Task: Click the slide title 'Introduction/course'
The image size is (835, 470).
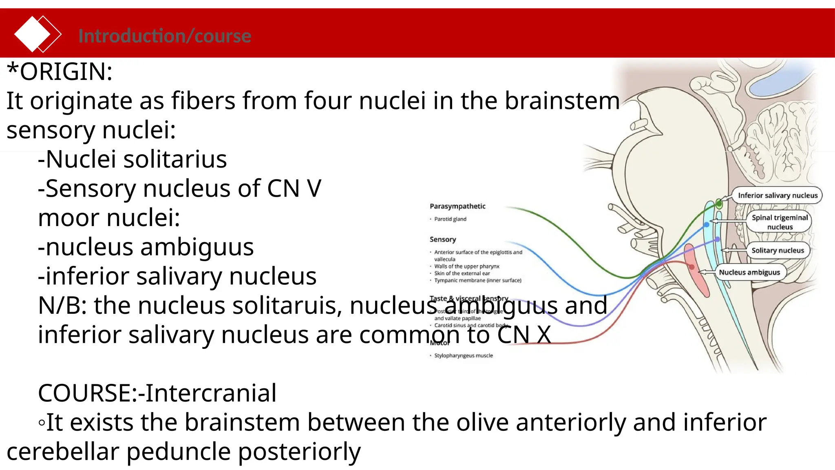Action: pyautogui.click(x=164, y=36)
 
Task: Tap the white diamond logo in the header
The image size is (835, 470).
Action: pyautogui.click(x=33, y=34)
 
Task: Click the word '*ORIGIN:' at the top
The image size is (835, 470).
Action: pyautogui.click(x=60, y=72)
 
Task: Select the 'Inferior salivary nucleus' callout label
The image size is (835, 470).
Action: pyautogui.click(x=777, y=195)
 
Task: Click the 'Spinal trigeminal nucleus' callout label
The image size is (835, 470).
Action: pyautogui.click(x=780, y=222)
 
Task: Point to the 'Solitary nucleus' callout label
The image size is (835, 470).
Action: pyautogui.click(x=778, y=251)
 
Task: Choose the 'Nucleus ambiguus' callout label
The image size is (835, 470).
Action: pyautogui.click(x=749, y=273)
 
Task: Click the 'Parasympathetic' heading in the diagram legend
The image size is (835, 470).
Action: pyautogui.click(x=457, y=206)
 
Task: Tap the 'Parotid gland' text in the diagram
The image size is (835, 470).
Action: pyautogui.click(x=450, y=219)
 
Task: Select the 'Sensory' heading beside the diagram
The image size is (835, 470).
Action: pyautogui.click(x=443, y=239)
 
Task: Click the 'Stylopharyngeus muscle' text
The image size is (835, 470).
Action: pyautogui.click(x=463, y=356)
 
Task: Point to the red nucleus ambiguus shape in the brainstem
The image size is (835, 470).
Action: pyautogui.click(x=697, y=271)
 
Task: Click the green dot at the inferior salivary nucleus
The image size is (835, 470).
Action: pyautogui.click(x=719, y=204)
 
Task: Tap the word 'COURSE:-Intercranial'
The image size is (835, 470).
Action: pyautogui.click(x=157, y=393)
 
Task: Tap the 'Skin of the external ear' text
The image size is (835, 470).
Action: pyautogui.click(x=462, y=273)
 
